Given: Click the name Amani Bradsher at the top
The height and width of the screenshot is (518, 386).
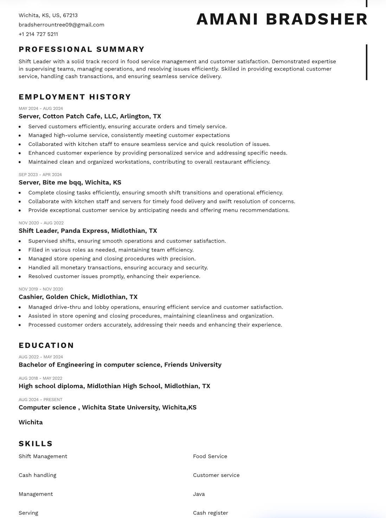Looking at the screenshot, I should [282, 19].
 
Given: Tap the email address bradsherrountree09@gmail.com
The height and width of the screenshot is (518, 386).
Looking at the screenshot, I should [62, 25].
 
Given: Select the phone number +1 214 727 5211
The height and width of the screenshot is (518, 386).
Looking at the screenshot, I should [38, 34].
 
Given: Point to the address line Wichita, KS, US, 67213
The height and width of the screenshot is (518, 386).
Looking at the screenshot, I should [48, 15].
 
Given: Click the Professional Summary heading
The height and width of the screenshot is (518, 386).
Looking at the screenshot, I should [82, 49].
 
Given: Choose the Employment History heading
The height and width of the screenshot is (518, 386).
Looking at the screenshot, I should [75, 97].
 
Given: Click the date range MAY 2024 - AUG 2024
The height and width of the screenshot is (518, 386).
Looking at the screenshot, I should [41, 109].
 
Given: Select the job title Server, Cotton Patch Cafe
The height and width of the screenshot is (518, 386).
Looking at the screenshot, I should [90, 116].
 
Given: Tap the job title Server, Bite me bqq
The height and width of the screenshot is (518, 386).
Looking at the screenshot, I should [70, 182].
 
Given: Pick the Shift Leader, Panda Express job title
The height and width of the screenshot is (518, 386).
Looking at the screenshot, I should [88, 231].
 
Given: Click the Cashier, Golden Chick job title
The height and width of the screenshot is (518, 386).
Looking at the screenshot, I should [78, 297].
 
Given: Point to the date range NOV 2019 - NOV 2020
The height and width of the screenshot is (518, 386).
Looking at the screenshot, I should [41, 289].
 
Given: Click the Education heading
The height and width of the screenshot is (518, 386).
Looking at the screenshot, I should [46, 345].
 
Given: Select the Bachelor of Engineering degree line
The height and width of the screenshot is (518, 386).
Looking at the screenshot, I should [120, 365].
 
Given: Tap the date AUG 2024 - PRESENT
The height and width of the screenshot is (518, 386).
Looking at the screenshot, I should [40, 400].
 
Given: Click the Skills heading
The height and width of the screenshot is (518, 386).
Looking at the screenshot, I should [36, 444].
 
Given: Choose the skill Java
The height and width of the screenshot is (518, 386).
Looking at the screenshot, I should [199, 494].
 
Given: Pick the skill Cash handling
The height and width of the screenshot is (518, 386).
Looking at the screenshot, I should [38, 475].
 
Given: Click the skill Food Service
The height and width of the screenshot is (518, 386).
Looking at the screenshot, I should [210, 456].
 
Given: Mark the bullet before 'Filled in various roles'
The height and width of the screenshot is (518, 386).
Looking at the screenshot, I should [20, 250].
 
